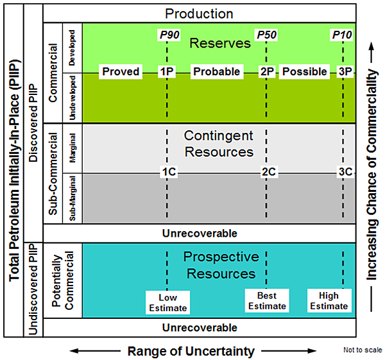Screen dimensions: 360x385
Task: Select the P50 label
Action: click(x=266, y=34)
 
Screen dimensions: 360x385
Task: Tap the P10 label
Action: click(x=343, y=34)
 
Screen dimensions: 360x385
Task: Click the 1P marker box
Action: click(x=167, y=71)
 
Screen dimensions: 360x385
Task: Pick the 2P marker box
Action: click(x=267, y=71)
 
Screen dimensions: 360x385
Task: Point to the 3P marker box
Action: click(x=345, y=71)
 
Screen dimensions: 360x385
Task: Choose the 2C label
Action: click(x=268, y=172)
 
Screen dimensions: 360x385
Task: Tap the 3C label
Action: click(x=345, y=172)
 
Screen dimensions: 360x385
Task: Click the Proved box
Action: click(x=121, y=71)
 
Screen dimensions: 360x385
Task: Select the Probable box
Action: click(x=216, y=71)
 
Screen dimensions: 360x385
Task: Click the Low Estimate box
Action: click(x=167, y=302)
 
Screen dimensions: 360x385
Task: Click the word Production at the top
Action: click(x=199, y=13)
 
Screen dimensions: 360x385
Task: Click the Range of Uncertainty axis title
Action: click(x=191, y=351)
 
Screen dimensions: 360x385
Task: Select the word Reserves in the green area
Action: click(x=220, y=44)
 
